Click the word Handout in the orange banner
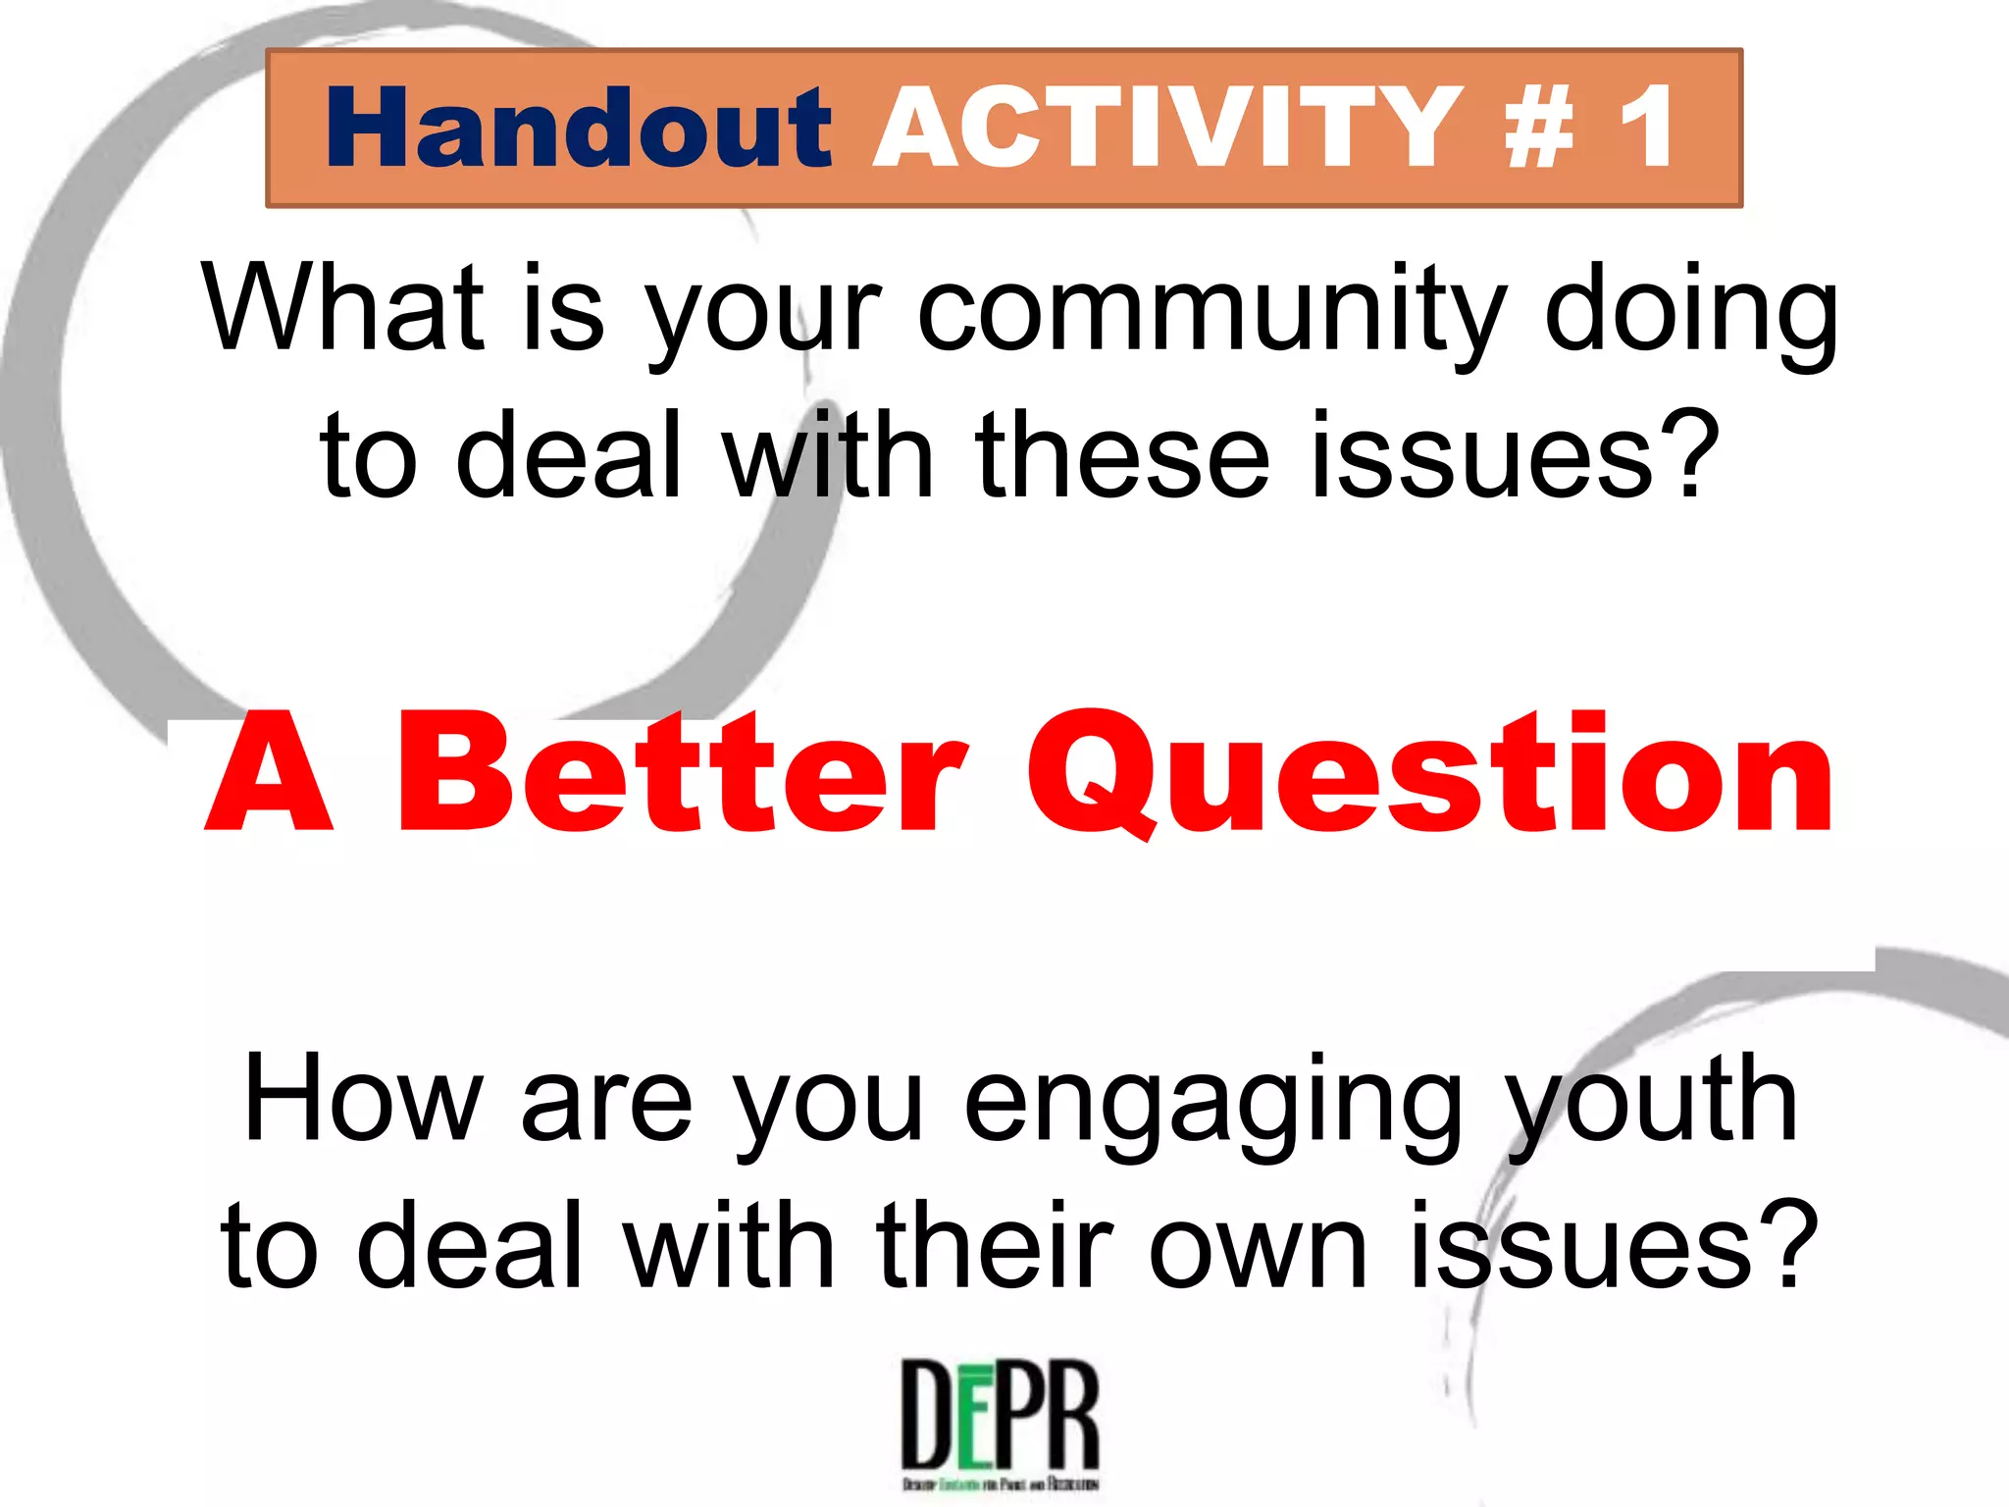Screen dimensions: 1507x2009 (x=578, y=129)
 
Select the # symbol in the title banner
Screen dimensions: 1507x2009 (x=1540, y=129)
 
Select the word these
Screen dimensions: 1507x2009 (x=1122, y=456)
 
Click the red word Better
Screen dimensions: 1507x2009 (x=682, y=775)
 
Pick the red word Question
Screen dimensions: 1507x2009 (x=1428, y=775)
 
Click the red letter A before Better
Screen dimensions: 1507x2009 (x=269, y=775)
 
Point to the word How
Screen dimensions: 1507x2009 (x=363, y=1099)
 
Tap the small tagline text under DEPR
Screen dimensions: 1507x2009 (x=1000, y=1483)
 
